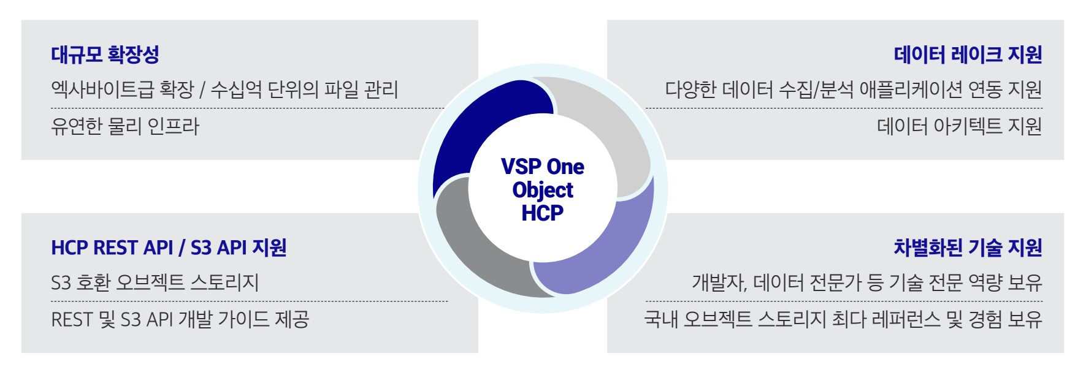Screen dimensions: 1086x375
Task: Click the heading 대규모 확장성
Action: [x=105, y=55]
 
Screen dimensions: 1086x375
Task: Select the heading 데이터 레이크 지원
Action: [x=968, y=55]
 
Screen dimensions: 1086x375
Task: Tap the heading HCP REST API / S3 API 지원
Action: [x=169, y=248]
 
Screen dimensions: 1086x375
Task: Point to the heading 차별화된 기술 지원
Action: [x=968, y=248]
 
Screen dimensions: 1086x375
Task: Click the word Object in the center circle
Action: [x=543, y=190]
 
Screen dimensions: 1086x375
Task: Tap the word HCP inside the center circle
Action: [x=543, y=213]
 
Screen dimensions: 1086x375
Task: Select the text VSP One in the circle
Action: [x=543, y=167]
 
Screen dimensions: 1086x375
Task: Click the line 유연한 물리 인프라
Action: [x=125, y=126]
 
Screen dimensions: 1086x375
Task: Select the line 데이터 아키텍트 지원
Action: [x=960, y=126]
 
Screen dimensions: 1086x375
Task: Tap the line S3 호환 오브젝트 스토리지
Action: [x=155, y=282]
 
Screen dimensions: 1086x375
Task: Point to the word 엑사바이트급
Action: [x=102, y=90]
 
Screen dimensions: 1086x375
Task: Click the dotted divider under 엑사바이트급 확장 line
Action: [x=248, y=108]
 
